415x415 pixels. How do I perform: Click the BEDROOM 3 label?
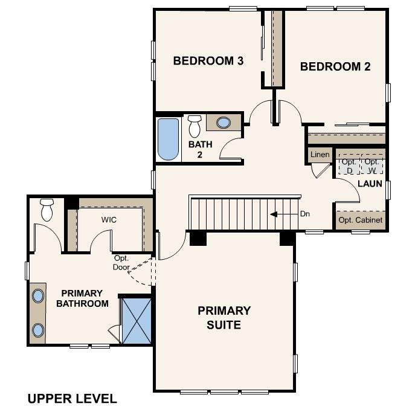click(x=208, y=61)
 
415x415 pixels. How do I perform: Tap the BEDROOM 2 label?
click(x=335, y=66)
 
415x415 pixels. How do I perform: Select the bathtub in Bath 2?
click(x=168, y=139)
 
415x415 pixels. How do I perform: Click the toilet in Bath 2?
click(x=195, y=126)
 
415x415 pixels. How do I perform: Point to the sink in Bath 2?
click(x=224, y=123)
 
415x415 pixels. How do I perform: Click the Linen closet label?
click(x=320, y=154)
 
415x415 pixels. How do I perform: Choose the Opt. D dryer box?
click(x=349, y=166)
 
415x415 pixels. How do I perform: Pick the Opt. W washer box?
click(x=372, y=166)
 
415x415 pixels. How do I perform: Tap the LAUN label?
click(x=370, y=184)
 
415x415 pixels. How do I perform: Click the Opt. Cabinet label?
click(x=361, y=220)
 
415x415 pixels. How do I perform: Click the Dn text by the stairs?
click(x=305, y=214)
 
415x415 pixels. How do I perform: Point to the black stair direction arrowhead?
click(x=274, y=214)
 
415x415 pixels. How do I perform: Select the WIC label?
click(x=109, y=220)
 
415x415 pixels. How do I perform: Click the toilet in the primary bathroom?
click(x=47, y=210)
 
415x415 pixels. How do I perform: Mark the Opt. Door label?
click(x=121, y=263)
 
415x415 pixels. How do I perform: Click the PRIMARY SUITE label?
click(x=224, y=318)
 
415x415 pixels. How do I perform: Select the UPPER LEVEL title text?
click(x=72, y=399)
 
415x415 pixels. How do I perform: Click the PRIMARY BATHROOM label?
click(x=82, y=298)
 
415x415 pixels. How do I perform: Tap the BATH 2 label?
click(x=200, y=149)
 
